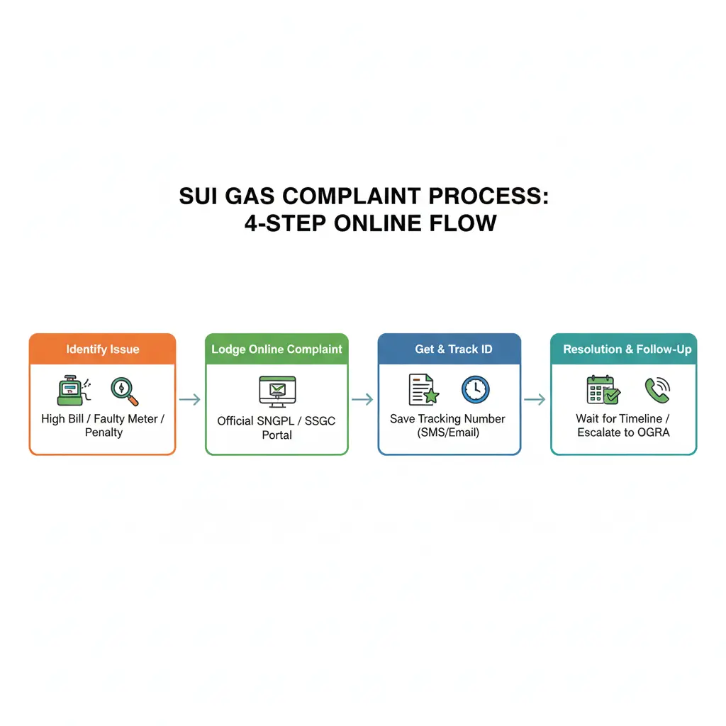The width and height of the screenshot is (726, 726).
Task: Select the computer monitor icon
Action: coord(277,391)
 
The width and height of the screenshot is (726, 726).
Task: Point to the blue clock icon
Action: coord(476,389)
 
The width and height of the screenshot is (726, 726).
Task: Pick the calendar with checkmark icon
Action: coord(603,390)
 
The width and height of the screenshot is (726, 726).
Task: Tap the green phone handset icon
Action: coord(657,391)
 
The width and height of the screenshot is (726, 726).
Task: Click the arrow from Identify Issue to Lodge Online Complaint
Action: coord(190,399)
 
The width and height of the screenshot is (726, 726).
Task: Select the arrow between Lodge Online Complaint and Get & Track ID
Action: coord(362,399)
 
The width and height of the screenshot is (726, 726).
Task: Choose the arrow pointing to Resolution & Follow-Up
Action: coord(535,399)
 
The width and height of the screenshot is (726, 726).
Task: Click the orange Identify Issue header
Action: coord(102,349)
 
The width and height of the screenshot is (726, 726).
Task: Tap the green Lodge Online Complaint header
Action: coord(277,349)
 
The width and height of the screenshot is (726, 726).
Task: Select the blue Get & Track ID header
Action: coord(449,349)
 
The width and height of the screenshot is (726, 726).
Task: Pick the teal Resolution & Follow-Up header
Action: coord(624,349)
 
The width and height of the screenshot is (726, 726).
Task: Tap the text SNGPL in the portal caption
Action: coord(275,421)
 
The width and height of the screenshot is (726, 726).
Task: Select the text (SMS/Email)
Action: coord(448,432)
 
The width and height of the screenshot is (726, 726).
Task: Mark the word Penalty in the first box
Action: coord(104,432)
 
